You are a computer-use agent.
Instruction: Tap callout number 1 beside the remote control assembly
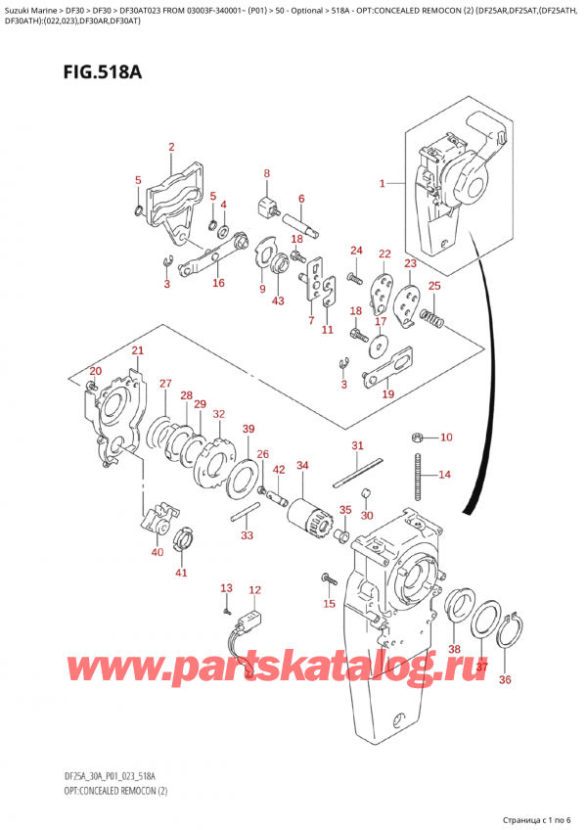[384, 182]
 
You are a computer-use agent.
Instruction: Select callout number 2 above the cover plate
[170, 148]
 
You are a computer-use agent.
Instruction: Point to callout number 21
[138, 351]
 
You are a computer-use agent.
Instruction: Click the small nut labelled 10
[417, 437]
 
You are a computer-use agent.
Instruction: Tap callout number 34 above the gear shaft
[302, 465]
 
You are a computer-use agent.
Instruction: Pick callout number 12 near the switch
[255, 590]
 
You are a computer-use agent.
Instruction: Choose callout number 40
[158, 553]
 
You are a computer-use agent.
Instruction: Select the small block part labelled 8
[265, 207]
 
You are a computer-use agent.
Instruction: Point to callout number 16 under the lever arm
[217, 283]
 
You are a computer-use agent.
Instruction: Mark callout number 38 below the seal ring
[453, 649]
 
